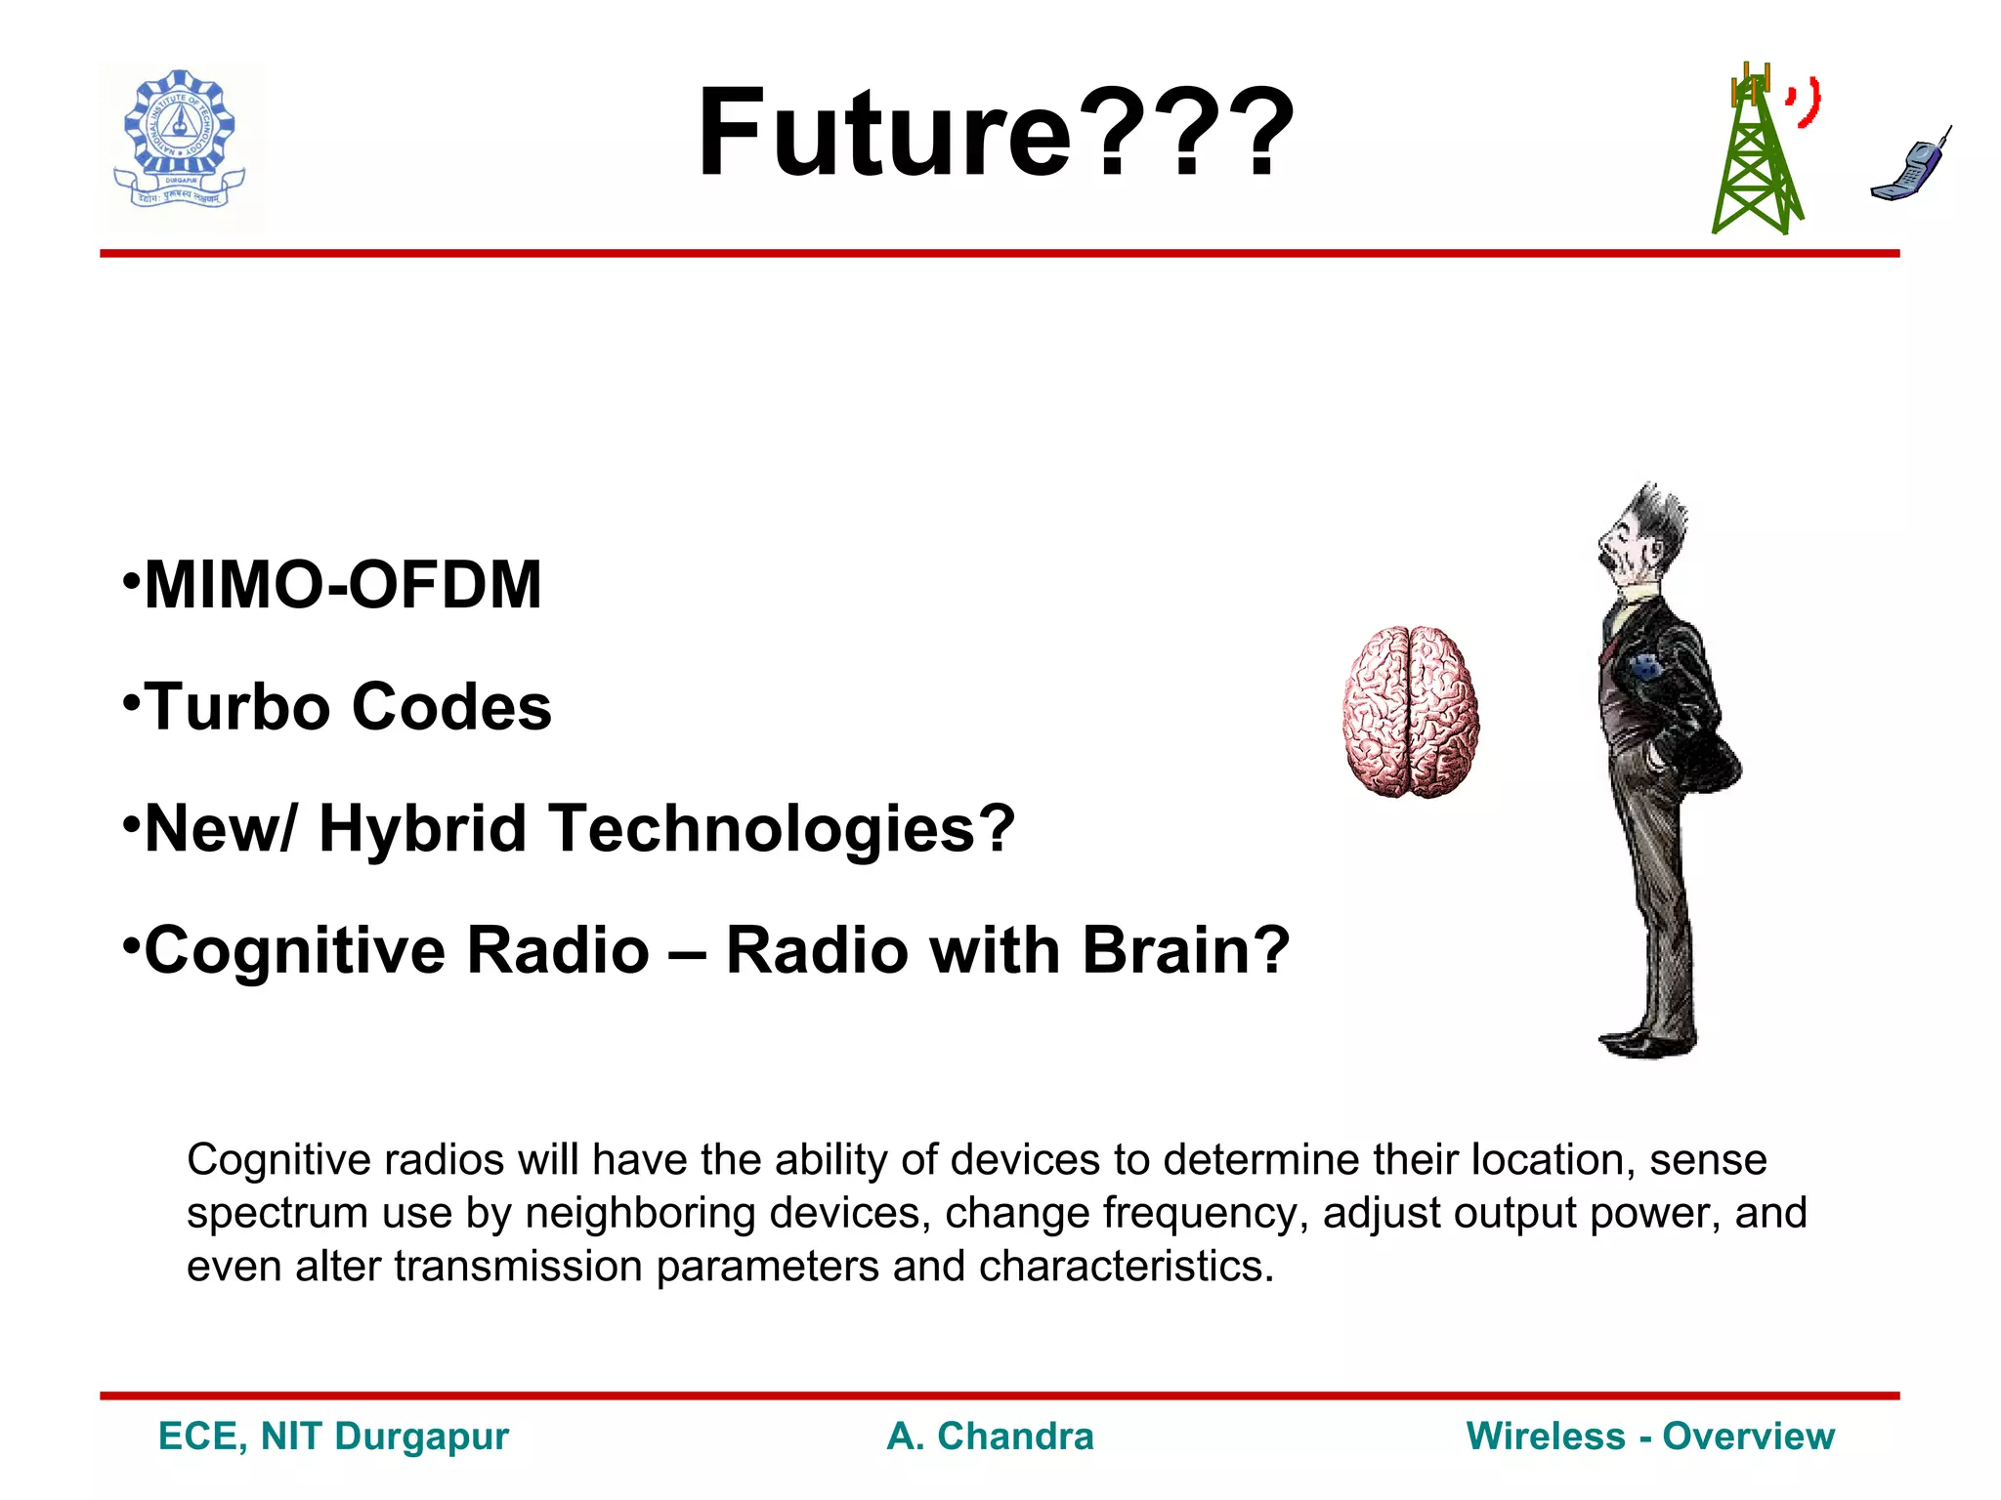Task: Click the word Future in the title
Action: [884, 134]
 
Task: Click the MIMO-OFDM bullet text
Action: [342, 586]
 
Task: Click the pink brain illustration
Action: [1410, 712]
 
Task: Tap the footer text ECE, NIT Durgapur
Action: [333, 1437]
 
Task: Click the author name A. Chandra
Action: [990, 1437]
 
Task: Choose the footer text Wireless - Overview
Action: [1650, 1437]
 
